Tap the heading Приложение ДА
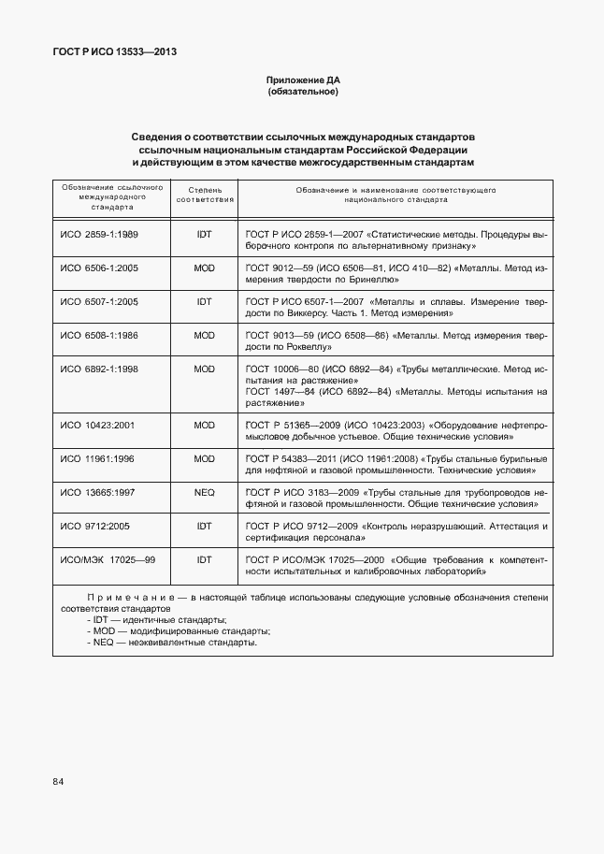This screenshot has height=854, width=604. [x=302, y=81]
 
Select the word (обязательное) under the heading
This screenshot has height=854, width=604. [x=302, y=93]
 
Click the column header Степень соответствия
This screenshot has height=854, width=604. [x=205, y=194]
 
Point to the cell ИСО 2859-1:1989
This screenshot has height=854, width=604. [x=99, y=234]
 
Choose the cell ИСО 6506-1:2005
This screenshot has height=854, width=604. [x=99, y=268]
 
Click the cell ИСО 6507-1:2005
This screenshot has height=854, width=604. [x=99, y=302]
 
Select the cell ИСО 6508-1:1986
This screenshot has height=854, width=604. [x=99, y=335]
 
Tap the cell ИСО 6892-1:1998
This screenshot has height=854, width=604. [x=99, y=369]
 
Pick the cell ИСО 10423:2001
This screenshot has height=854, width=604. [x=97, y=425]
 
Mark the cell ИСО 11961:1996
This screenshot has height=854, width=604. [x=97, y=459]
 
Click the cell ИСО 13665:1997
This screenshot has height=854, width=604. [x=97, y=493]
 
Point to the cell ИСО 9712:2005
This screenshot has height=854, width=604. [x=95, y=527]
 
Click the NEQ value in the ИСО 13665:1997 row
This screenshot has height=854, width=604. [x=205, y=493]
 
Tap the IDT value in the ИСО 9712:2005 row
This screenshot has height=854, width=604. [x=205, y=527]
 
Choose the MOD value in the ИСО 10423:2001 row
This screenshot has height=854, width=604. [x=205, y=425]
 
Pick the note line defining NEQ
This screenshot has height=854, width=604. [x=171, y=644]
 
